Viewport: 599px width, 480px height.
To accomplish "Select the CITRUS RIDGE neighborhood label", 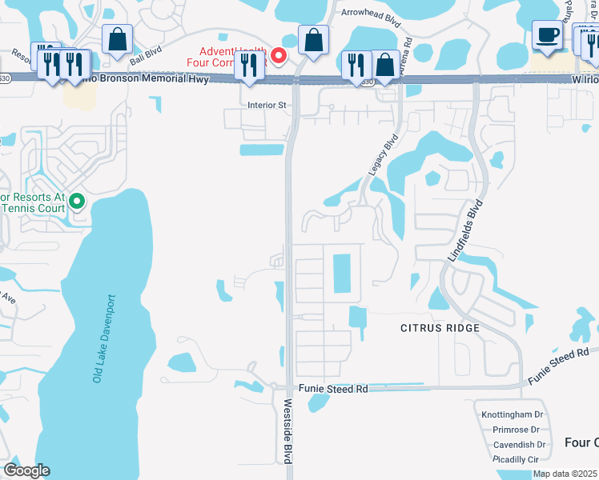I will [440, 328].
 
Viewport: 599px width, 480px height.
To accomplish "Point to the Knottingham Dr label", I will [513, 414].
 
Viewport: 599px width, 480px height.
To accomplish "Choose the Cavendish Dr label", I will [519, 444].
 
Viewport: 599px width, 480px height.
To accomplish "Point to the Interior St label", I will [267, 105].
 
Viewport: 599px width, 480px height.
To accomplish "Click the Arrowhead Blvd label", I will [370, 13].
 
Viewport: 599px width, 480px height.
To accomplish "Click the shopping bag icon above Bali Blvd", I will [118, 39].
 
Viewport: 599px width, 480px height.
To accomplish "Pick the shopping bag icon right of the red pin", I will [313, 39].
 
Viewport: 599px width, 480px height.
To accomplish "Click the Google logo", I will [26, 470].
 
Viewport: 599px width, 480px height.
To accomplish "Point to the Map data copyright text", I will [565, 474].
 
